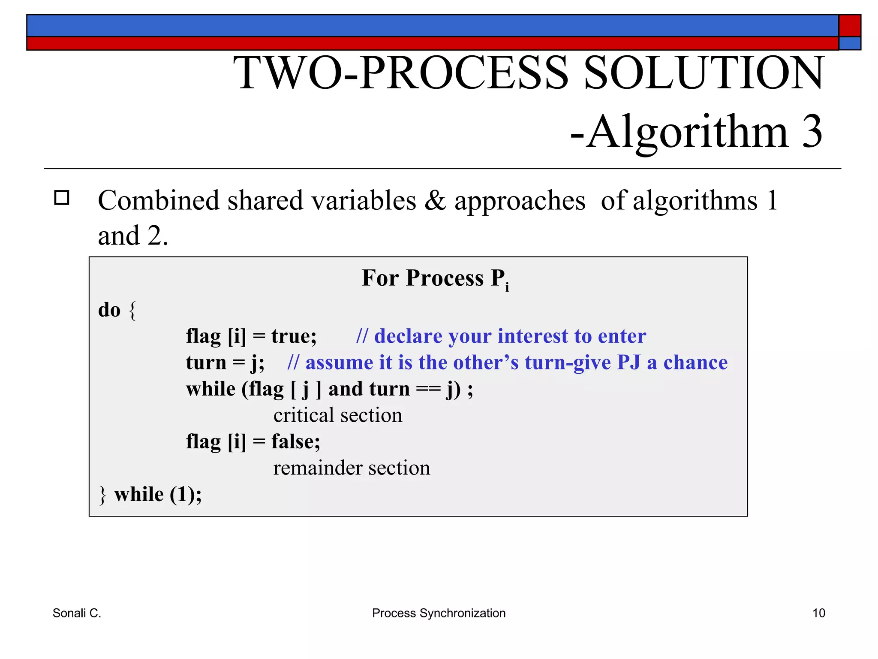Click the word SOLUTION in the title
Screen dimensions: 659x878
pyautogui.click(x=704, y=73)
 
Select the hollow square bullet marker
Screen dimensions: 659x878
pyautogui.click(x=62, y=198)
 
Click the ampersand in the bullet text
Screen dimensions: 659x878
pyautogui.click(x=435, y=201)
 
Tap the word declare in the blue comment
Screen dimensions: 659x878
pyautogui.click(x=408, y=336)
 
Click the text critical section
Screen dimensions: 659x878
pyautogui.click(x=338, y=415)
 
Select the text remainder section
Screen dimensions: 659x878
pyautogui.click(x=352, y=468)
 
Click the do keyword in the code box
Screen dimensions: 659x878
pyautogui.click(x=109, y=310)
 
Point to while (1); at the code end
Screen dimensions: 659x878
pyautogui.click(x=157, y=494)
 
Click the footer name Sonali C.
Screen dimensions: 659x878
pyautogui.click(x=77, y=613)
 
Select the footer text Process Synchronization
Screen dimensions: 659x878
pyautogui.click(x=439, y=613)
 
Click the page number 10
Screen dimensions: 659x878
pyautogui.click(x=818, y=613)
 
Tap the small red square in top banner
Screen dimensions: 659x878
pyautogui.click(x=849, y=26)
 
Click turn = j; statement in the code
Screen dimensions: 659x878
pyautogui.click(x=225, y=363)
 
